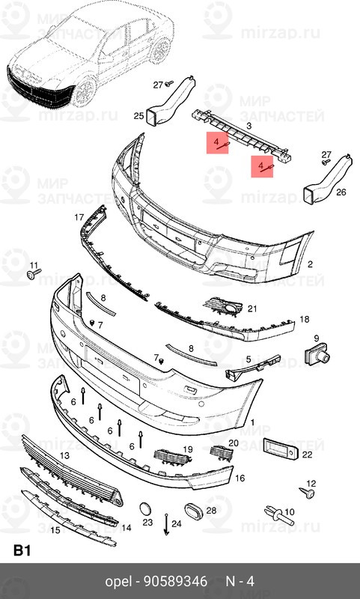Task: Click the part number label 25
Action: [x=138, y=116]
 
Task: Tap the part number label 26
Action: [x=341, y=192]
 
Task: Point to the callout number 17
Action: [x=79, y=217]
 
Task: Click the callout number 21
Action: [x=252, y=308]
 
